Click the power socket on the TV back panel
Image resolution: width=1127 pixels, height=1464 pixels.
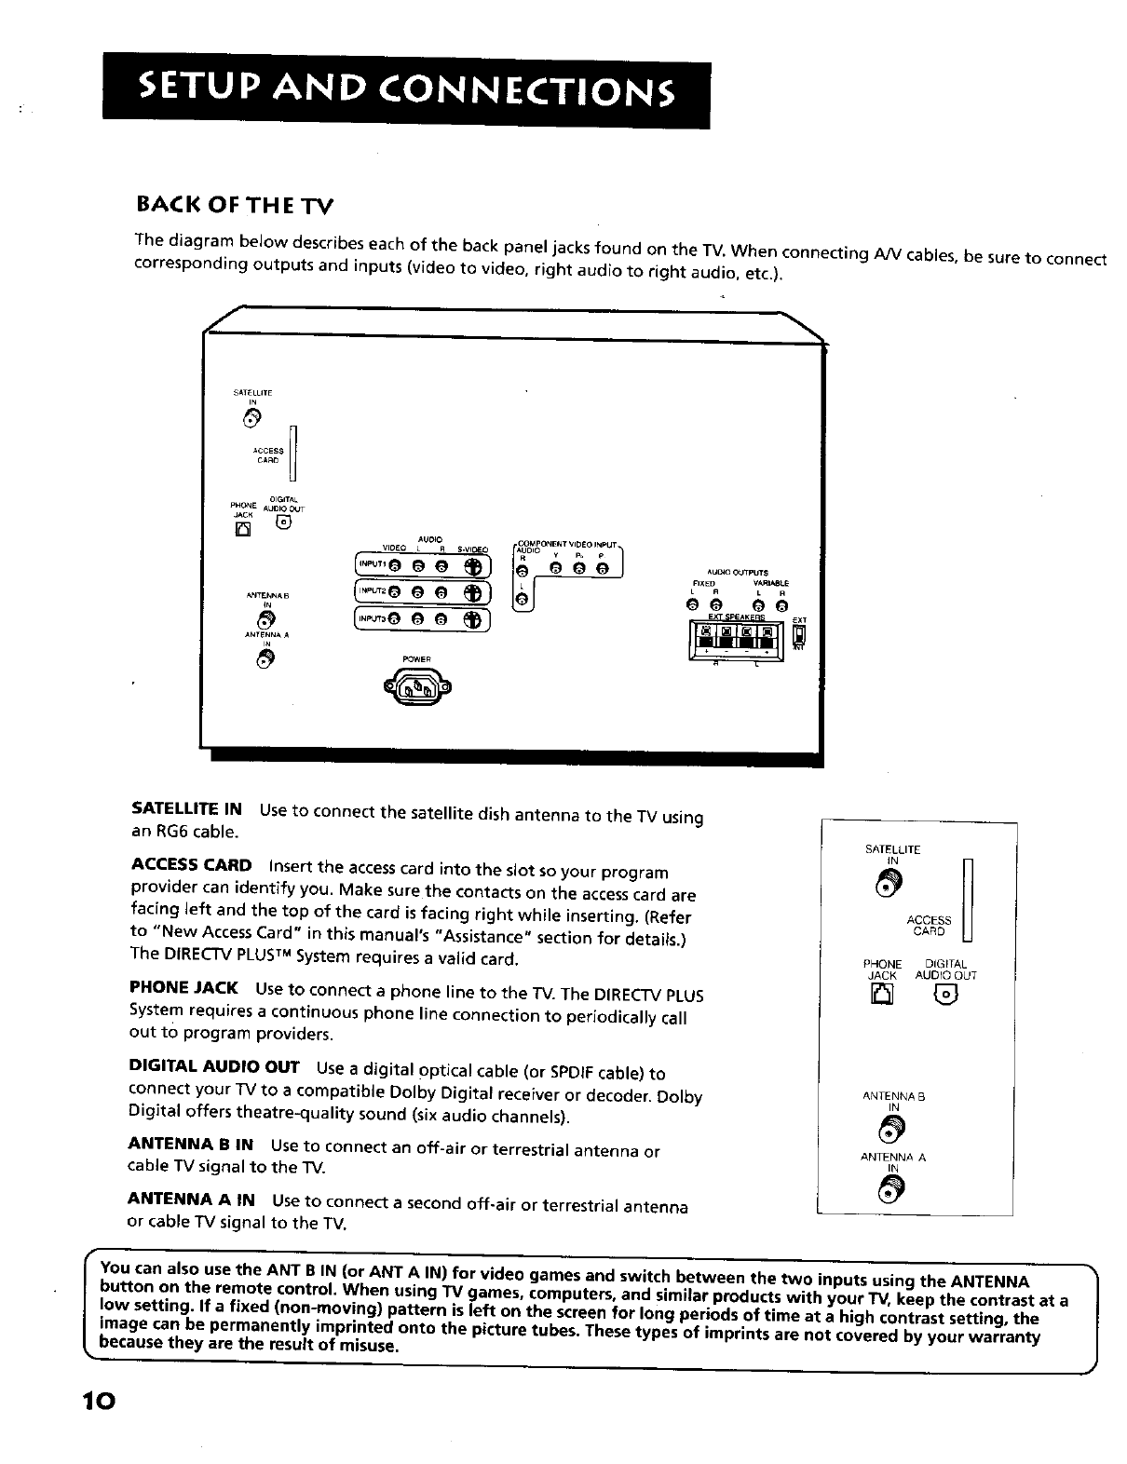click(416, 689)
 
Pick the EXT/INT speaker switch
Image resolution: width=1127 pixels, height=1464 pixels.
click(798, 637)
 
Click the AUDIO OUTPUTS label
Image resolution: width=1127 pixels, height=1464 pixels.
click(738, 573)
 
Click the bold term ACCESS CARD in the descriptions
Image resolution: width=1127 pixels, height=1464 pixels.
click(191, 864)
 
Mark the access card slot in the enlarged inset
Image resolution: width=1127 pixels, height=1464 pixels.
click(967, 900)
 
